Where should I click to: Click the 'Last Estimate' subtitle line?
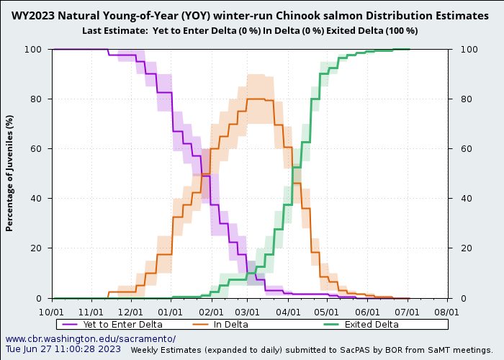250,30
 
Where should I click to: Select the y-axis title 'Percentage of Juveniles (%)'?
10,173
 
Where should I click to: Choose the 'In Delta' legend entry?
230,325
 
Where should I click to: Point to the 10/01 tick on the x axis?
53,312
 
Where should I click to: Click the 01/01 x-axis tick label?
171,312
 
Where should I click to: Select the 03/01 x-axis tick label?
247,312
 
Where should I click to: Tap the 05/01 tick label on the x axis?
326,312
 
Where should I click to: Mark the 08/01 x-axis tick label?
447,312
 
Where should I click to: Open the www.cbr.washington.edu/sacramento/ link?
91,338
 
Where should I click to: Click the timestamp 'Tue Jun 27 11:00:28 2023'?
63,349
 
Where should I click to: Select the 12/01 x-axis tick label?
132,312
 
